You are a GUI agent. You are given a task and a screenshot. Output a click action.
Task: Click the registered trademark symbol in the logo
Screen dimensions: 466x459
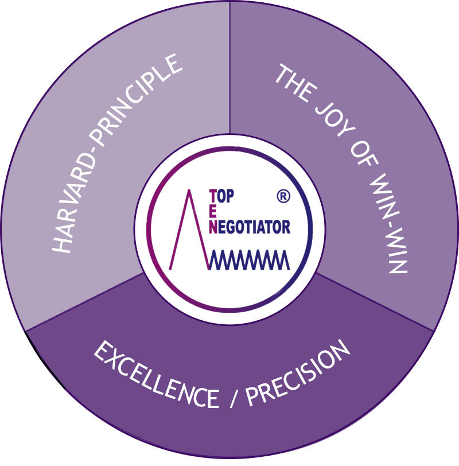tap(283, 196)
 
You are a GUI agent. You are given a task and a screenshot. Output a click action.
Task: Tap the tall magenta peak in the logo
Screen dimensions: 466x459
tap(189, 230)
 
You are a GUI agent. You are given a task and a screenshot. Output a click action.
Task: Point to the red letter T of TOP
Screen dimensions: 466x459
tap(213, 197)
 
